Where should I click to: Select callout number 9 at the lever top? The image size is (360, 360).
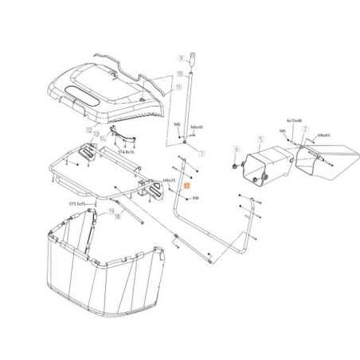pyautogui.click(x=181, y=57)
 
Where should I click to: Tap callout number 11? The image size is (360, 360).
pyautogui.click(x=179, y=85)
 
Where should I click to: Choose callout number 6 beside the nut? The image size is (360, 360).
pyautogui.click(x=236, y=149)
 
